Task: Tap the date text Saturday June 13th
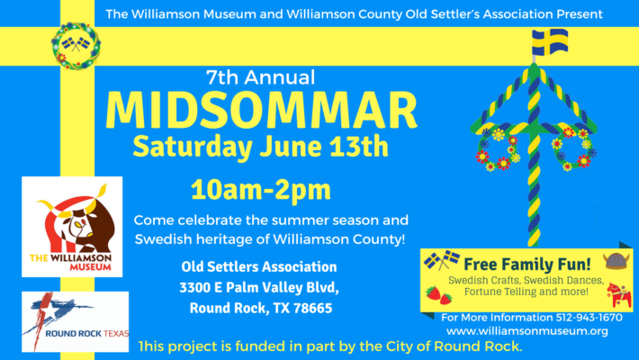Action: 260,146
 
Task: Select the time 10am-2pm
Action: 260,190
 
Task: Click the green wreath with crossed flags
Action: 70,43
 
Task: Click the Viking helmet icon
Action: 614,262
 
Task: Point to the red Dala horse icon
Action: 616,293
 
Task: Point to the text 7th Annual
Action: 260,76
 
